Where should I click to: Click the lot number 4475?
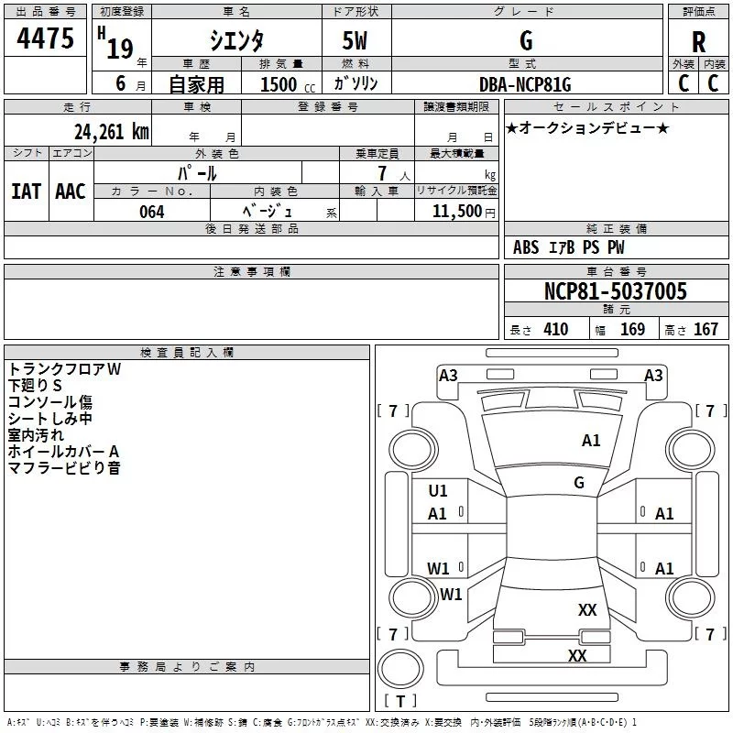(x=45, y=38)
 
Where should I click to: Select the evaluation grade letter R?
(x=698, y=41)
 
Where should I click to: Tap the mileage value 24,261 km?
(x=111, y=131)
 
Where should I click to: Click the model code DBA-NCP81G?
(x=525, y=84)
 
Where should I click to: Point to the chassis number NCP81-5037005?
(x=616, y=290)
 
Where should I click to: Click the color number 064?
(x=152, y=212)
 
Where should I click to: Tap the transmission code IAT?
(x=26, y=191)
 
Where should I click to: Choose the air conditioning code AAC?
(x=71, y=191)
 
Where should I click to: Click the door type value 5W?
(x=355, y=40)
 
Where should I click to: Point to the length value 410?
(x=556, y=329)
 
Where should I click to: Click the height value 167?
(x=706, y=329)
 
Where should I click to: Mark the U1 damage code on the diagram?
(x=438, y=490)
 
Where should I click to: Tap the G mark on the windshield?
(x=579, y=482)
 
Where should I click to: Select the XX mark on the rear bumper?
(x=577, y=655)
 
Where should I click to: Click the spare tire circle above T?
(x=400, y=669)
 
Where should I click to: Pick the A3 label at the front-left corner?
(x=448, y=376)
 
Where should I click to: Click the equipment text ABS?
(x=526, y=247)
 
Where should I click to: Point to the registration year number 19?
(x=120, y=49)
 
